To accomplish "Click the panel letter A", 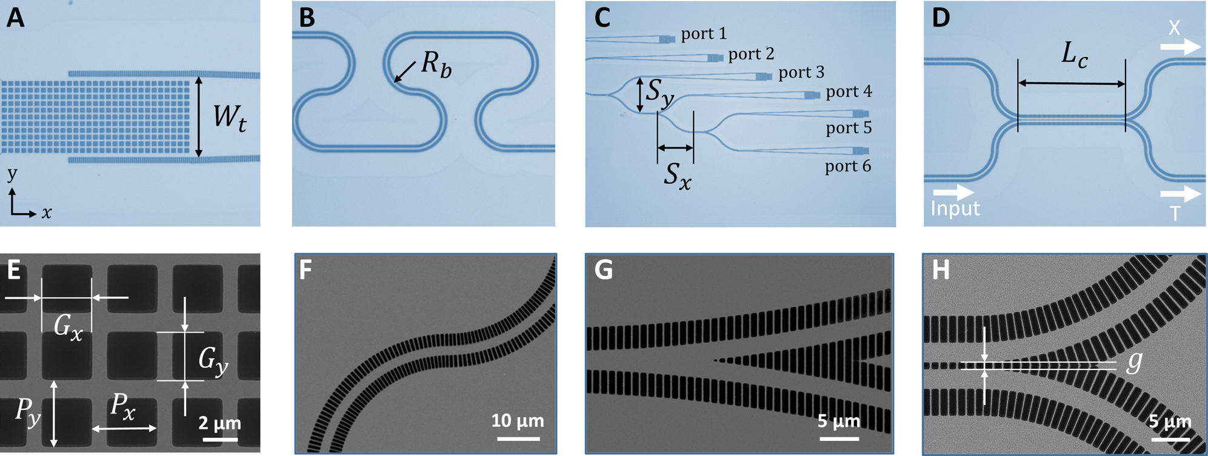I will point(16,18).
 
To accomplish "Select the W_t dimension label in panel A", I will point(230,116).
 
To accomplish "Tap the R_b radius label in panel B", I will point(436,63).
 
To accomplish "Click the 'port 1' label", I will point(703,34).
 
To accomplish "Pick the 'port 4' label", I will point(849,91).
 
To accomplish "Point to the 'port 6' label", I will point(847,166).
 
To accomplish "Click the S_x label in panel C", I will point(677,176).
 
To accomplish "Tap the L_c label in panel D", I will point(1074,56).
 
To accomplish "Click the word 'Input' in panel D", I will point(955,208).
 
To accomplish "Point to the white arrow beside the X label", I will point(1181,47).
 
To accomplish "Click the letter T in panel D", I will point(1175,213).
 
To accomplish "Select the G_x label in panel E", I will point(67,328).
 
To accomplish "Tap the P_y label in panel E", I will point(28,412).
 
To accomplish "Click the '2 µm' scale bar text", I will point(219,423).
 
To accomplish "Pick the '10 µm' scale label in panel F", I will point(517,420).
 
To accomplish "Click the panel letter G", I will point(603,270).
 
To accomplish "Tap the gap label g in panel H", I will point(1134,361).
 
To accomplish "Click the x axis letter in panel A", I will point(47,213).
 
